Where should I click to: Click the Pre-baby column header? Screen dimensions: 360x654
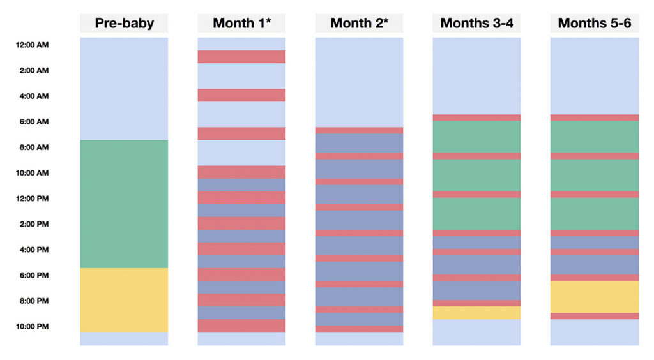[x=124, y=24]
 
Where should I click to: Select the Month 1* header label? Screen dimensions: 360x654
[x=241, y=24]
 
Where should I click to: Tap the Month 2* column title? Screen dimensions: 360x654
[x=359, y=24]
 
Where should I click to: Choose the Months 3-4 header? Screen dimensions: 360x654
[x=476, y=24]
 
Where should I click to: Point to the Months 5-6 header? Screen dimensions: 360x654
[x=594, y=24]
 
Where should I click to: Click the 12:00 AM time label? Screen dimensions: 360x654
[x=33, y=45]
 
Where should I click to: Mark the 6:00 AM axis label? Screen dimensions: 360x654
[x=33, y=122]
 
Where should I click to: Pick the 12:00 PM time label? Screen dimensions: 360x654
[x=33, y=199]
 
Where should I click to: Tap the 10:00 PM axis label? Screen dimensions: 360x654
[x=33, y=326]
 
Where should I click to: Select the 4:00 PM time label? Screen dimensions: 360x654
[x=33, y=250]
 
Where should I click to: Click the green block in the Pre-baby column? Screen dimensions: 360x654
[x=124, y=204]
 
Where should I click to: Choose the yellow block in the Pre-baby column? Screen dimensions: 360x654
[x=124, y=299]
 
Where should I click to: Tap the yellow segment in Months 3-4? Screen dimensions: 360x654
[x=476, y=313]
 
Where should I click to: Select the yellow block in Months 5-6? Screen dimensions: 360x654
[x=594, y=296]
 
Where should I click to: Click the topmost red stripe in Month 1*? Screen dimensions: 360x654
[x=241, y=57]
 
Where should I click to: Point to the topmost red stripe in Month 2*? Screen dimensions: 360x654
[x=359, y=130]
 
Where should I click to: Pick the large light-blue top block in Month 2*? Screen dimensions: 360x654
[x=359, y=82]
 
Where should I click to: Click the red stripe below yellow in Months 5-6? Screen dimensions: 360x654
[x=594, y=316]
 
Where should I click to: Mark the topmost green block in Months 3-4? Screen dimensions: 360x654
[x=476, y=137]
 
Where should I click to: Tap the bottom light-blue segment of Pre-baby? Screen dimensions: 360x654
[x=124, y=338]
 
